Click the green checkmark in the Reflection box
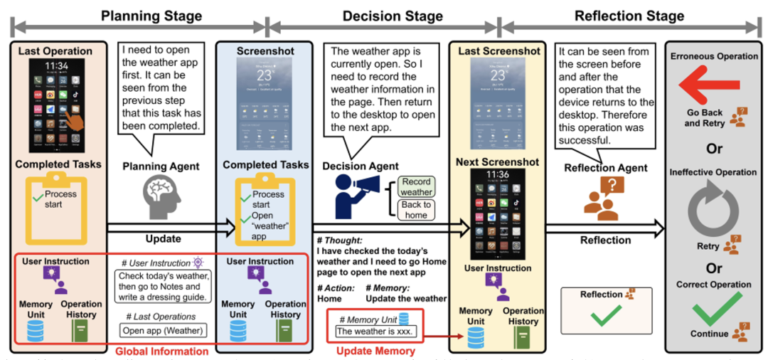coord(605,316)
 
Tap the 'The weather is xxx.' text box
coord(375,331)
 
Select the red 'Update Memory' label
coord(375,349)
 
